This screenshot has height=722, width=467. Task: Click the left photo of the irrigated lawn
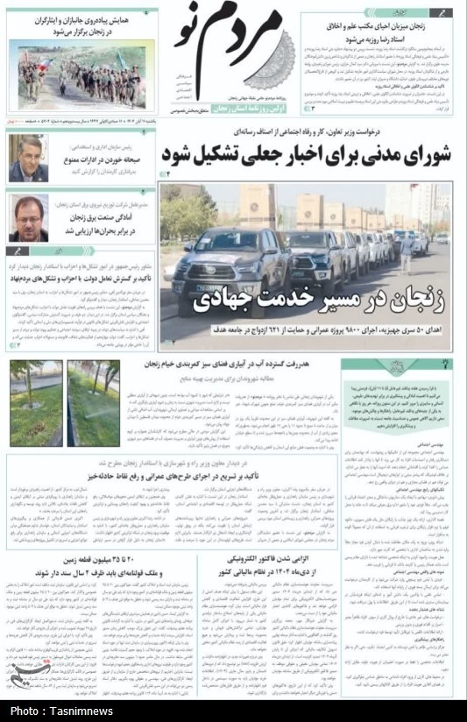click(36, 403)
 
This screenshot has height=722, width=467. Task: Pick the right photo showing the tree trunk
click(94, 403)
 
